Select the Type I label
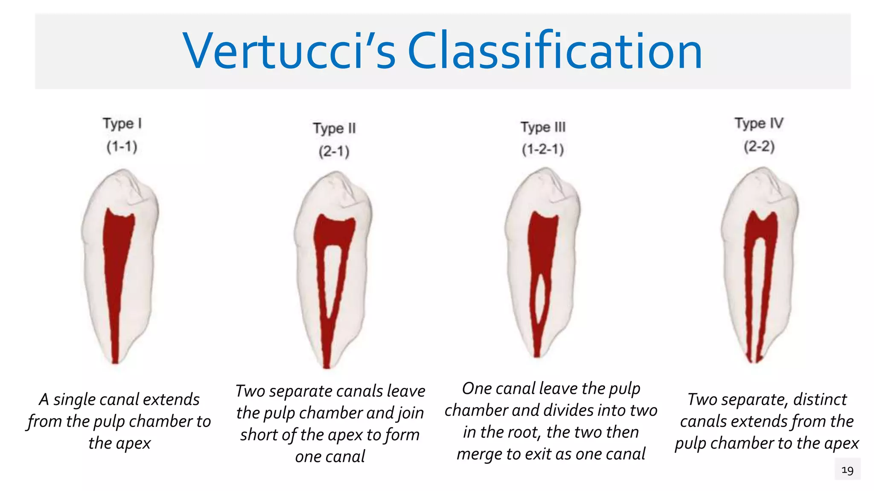[x=122, y=124]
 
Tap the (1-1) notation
[x=122, y=147]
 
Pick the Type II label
[x=334, y=128]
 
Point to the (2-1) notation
[x=334, y=151]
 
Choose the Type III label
[x=543, y=127]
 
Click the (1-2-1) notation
[x=543, y=150]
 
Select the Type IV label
[x=759, y=124]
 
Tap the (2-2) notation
[x=759, y=147]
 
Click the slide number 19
[x=847, y=470]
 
